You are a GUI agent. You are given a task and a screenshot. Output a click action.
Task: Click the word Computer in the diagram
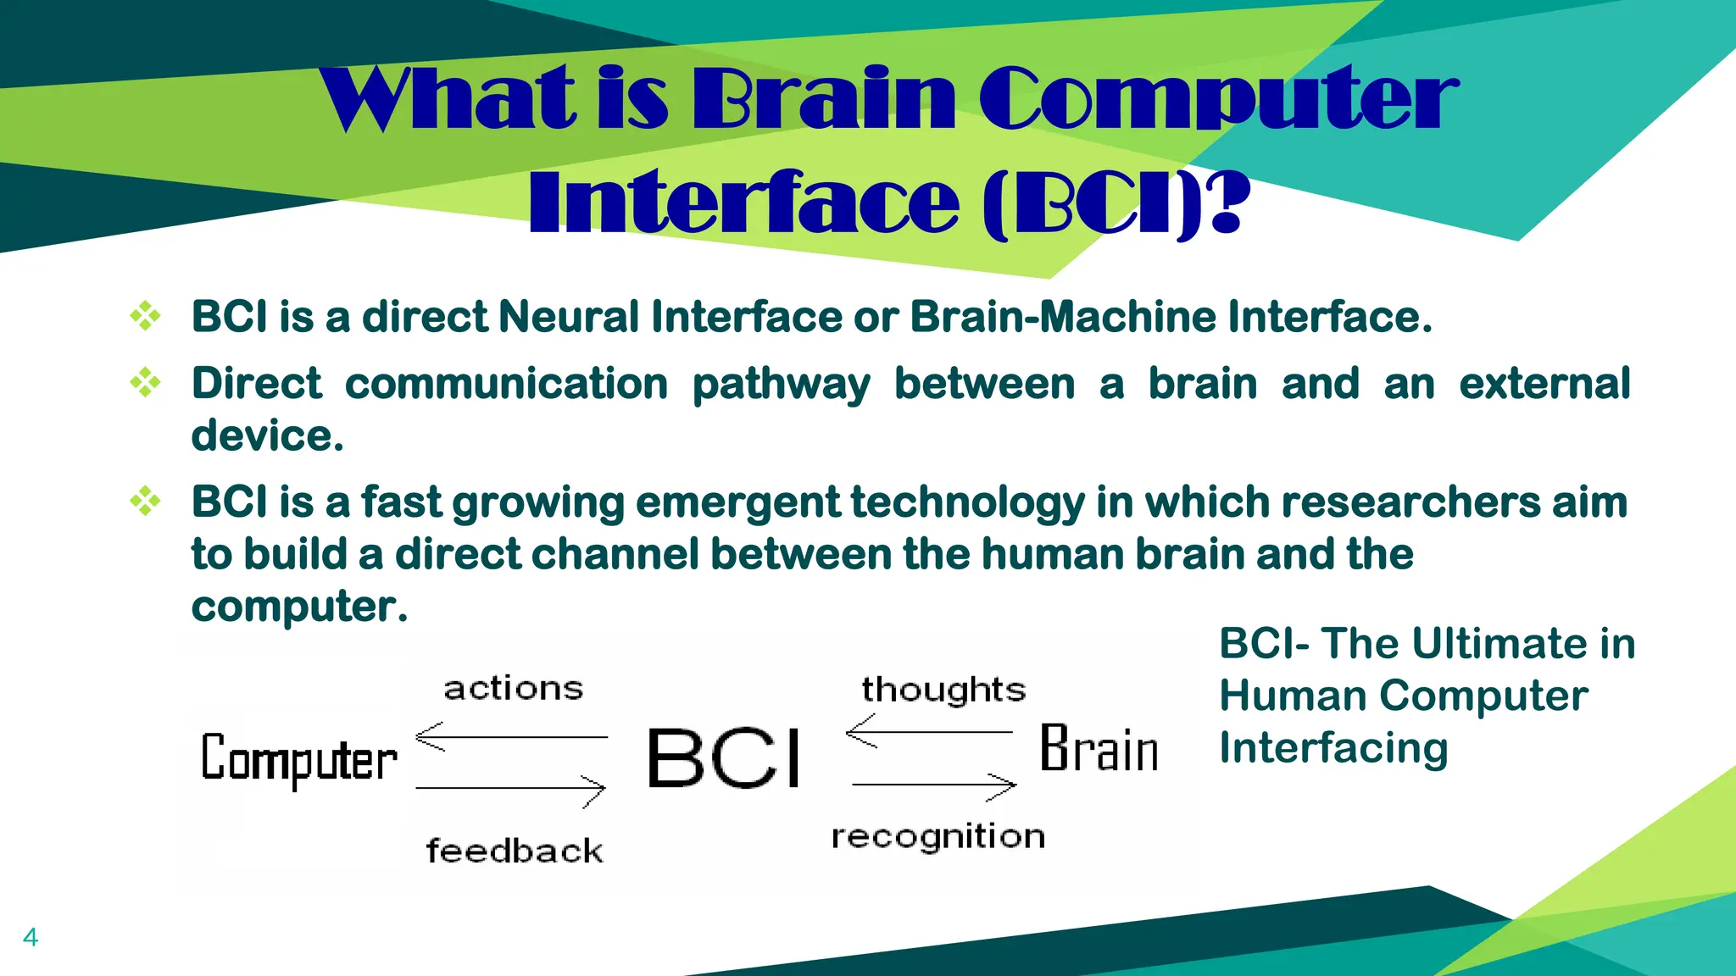point(298,758)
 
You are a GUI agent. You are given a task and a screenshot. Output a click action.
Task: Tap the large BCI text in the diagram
point(724,758)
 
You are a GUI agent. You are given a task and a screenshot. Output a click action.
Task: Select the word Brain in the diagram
point(1099,749)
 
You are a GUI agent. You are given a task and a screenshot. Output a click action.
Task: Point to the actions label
point(514,688)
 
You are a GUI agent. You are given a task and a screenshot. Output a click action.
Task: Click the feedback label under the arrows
point(515,851)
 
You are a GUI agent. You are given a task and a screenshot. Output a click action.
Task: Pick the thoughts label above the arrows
point(943,690)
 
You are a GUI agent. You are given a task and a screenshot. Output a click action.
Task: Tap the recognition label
point(938,837)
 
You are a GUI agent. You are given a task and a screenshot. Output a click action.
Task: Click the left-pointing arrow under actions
point(511,737)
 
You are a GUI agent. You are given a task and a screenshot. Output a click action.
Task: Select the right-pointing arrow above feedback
point(511,790)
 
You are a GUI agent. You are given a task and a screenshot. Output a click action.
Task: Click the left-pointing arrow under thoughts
point(930,731)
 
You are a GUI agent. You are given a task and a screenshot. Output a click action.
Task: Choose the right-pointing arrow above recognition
point(934,785)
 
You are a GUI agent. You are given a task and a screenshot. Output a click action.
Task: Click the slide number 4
point(31,937)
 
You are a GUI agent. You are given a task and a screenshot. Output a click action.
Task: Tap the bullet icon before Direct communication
point(145,383)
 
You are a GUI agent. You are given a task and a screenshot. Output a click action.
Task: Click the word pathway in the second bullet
point(781,384)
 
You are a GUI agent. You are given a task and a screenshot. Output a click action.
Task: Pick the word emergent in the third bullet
point(737,502)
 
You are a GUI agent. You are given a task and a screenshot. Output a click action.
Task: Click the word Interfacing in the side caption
point(1333,748)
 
